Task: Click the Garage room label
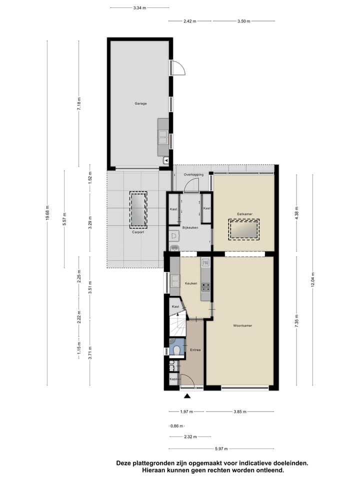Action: pos(140,103)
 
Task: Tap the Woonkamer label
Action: pos(242,325)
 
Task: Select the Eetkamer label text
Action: pos(244,213)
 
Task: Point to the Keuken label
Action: pos(191,283)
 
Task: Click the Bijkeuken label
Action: pos(190,227)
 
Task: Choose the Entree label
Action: pos(195,350)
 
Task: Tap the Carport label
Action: pos(138,232)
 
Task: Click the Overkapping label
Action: pos(193,174)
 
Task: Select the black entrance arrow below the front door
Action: pos(187,396)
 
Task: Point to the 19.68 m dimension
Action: pos(47,213)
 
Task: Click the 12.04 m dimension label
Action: pos(312,280)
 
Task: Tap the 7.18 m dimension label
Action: pos(79,104)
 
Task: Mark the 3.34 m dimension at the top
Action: pos(139,7)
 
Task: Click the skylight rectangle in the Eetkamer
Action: pos(243,229)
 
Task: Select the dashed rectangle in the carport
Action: pos(138,209)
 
